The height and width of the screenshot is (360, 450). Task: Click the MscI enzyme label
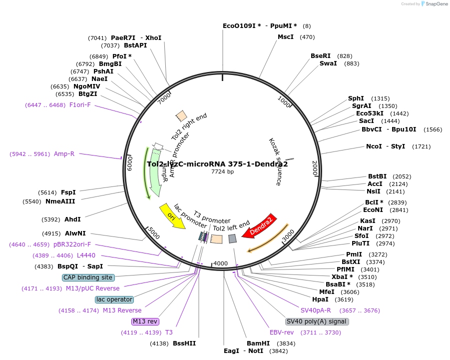click(x=286, y=37)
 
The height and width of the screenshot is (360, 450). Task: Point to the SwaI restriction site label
click(x=328, y=63)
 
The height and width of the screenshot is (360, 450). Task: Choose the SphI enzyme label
click(x=356, y=98)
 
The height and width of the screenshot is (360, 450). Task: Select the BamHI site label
click(x=258, y=343)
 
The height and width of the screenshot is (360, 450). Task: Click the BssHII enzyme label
click(x=184, y=343)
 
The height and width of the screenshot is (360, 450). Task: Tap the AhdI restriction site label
click(x=72, y=219)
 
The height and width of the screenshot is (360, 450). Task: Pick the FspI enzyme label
click(x=68, y=192)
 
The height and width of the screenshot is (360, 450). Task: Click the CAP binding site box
click(x=88, y=277)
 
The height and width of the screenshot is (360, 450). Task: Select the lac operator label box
click(x=114, y=299)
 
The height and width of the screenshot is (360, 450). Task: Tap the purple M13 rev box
click(x=144, y=321)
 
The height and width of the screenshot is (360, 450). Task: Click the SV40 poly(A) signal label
click(x=317, y=321)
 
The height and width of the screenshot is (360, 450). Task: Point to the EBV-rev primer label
click(x=282, y=332)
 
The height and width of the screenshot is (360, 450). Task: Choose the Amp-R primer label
click(x=64, y=154)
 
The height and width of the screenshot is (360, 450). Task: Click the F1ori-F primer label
click(x=80, y=105)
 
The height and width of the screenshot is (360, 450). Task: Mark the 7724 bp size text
click(x=222, y=172)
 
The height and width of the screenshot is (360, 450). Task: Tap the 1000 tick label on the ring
click(x=284, y=102)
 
